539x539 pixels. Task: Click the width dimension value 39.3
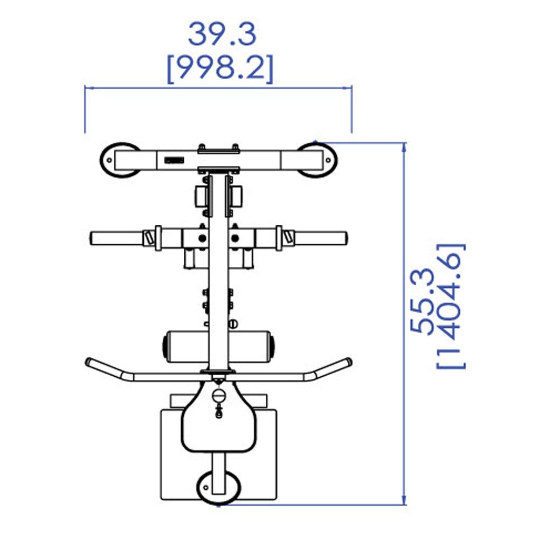222,34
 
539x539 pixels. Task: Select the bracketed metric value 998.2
220,68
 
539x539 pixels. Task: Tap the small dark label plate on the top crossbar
174,160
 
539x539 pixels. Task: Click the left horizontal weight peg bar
116,238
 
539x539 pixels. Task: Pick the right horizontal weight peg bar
320,238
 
